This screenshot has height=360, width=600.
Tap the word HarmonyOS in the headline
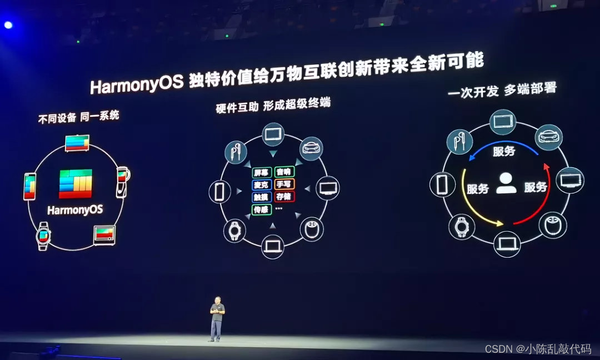(x=137, y=85)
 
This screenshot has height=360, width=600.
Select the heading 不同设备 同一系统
(x=78, y=117)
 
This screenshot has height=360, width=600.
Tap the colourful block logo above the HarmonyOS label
(x=76, y=184)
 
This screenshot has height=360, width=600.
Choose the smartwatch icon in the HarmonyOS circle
(x=43, y=236)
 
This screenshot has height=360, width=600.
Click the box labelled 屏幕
(x=262, y=172)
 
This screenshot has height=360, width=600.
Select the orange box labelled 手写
(x=284, y=184)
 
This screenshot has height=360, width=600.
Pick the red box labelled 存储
(x=284, y=196)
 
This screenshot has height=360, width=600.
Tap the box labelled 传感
(x=261, y=209)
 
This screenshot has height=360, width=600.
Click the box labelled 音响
(x=284, y=172)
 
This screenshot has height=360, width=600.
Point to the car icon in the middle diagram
(x=311, y=148)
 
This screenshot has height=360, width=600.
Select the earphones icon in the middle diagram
(x=236, y=151)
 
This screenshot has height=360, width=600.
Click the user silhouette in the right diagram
(x=506, y=183)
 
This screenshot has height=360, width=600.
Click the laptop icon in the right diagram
(x=507, y=244)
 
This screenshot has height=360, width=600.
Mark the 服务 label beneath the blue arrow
(x=504, y=151)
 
